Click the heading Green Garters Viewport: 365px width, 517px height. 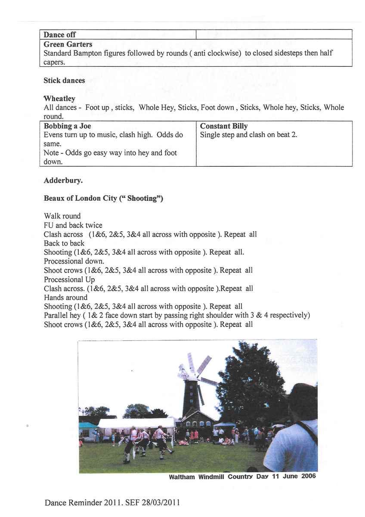pos(68,44)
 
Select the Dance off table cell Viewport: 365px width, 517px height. pos(60,34)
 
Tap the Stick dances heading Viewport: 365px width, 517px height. pos(64,81)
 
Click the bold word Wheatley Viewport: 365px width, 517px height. pos(59,99)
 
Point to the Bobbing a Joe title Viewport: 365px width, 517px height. pos(67,126)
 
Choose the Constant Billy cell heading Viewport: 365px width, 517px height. pos(224,126)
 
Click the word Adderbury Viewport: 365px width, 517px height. pos(63,181)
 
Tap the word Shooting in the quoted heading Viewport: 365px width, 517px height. pos(145,199)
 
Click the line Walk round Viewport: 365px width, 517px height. pos(62,216)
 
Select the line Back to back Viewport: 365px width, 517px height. pos(64,243)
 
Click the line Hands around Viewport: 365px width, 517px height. pos(65,297)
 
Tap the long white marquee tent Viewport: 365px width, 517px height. pos(136,424)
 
